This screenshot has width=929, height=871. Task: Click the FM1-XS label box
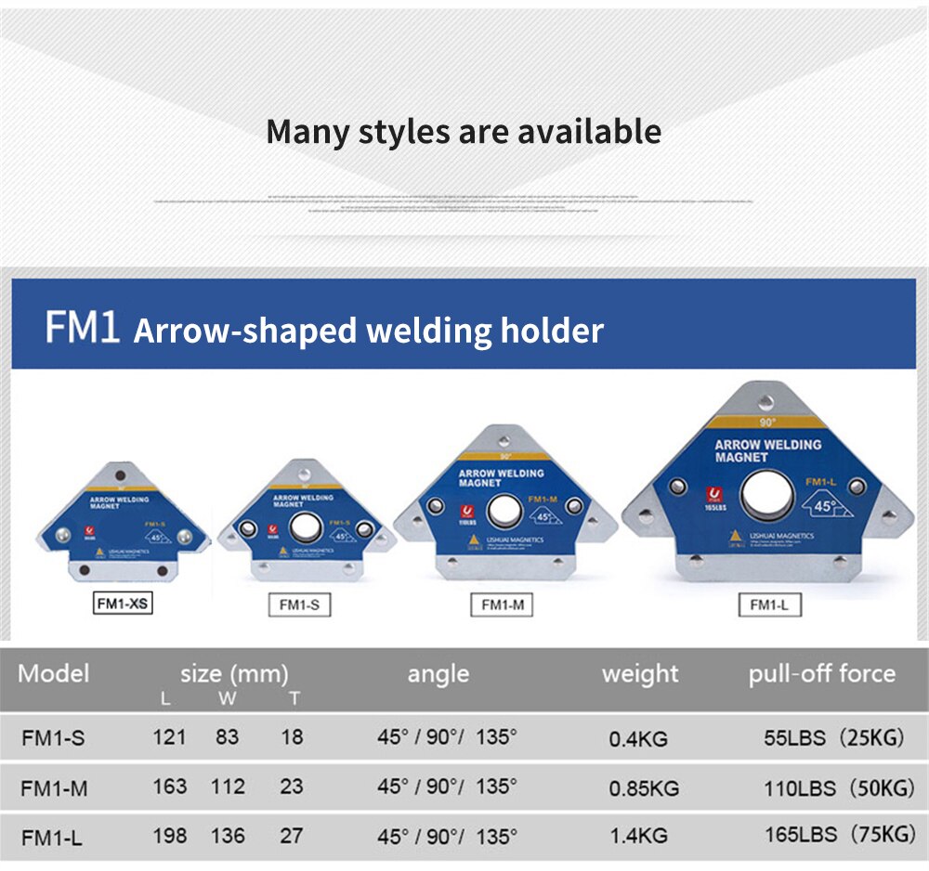(x=123, y=604)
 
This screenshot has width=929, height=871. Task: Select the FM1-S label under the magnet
(x=299, y=604)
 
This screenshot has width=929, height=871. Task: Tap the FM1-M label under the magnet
(x=502, y=604)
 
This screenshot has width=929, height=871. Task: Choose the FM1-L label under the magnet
(x=769, y=605)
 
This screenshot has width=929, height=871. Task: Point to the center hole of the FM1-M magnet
(x=504, y=511)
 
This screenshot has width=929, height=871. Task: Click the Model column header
(x=53, y=673)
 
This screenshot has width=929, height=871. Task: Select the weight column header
(x=640, y=673)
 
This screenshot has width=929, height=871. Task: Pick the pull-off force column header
(x=821, y=673)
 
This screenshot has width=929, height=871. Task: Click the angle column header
(x=438, y=673)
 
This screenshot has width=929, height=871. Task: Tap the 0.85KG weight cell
(x=644, y=788)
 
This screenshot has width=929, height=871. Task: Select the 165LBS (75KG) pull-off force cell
(x=840, y=834)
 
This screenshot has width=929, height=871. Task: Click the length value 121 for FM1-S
(x=169, y=738)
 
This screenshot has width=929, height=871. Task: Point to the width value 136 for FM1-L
(x=228, y=836)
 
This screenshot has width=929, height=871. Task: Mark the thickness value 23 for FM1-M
(x=292, y=786)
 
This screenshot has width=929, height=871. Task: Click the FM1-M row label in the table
(x=54, y=788)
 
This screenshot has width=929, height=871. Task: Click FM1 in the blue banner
(x=83, y=330)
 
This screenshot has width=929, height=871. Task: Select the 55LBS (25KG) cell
(x=833, y=739)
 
